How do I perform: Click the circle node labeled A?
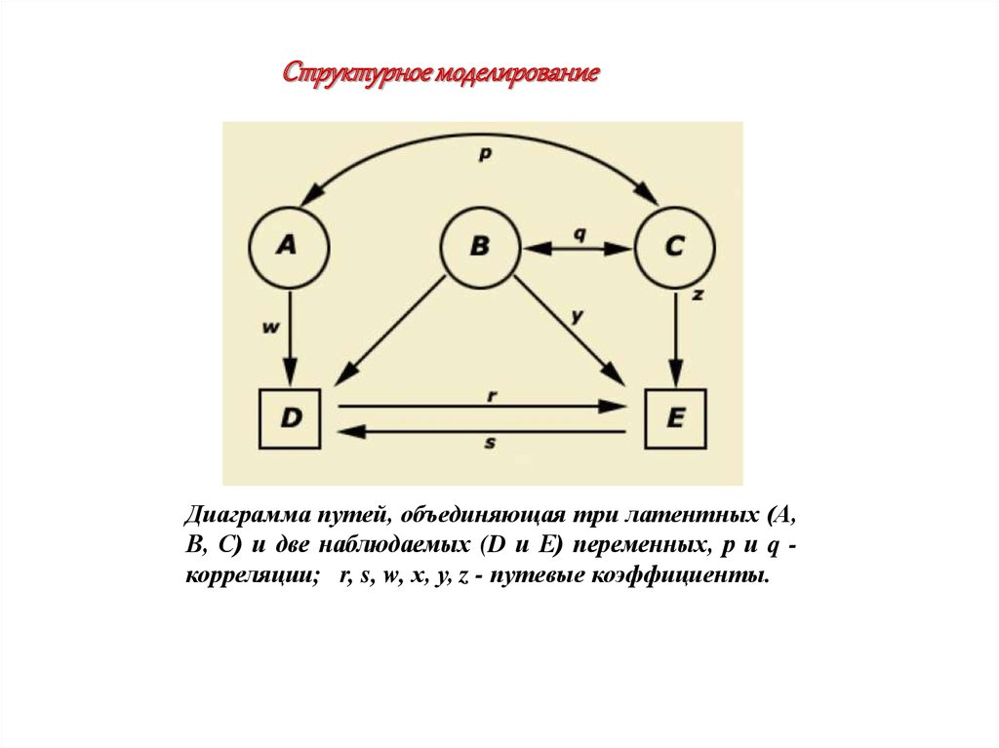tap(286, 246)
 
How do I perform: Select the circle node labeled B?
tap(479, 246)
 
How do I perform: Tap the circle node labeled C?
tap(674, 246)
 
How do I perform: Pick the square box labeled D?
tap(290, 417)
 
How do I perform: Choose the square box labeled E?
tap(674, 417)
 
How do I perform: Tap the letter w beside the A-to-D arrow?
tap(270, 329)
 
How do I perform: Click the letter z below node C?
tap(699, 294)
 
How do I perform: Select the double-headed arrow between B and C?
tap(578, 249)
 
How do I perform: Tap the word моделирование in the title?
tap(516, 74)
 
